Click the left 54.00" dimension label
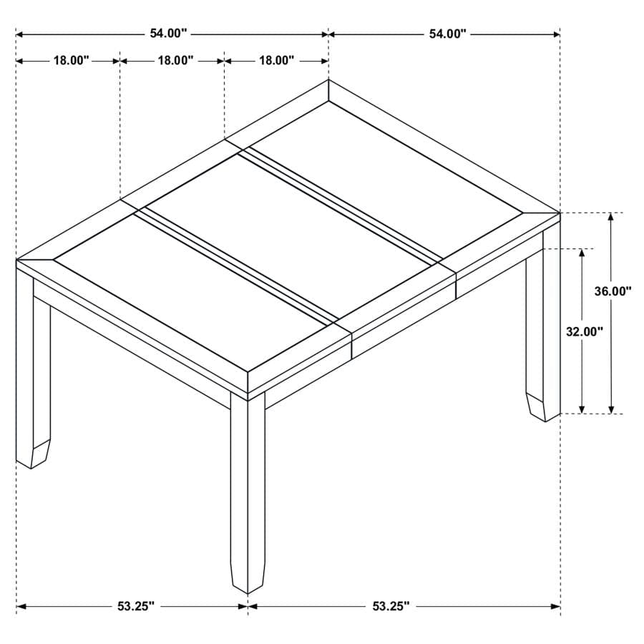click(169, 33)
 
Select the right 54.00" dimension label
click(448, 33)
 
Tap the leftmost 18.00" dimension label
click(70, 61)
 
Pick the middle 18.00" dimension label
click(175, 61)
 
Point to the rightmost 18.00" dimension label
click(276, 61)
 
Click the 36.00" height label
click(613, 291)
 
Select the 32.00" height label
click(585, 331)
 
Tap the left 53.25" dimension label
click(136, 606)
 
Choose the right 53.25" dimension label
click(391, 606)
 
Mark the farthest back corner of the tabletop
click(328, 81)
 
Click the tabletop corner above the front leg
click(248, 372)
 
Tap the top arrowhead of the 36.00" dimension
click(612, 217)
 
